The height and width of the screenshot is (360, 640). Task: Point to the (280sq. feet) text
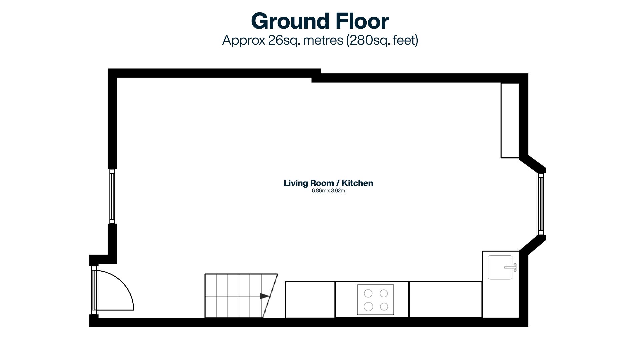(x=382, y=40)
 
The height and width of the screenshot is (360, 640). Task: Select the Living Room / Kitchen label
(x=328, y=183)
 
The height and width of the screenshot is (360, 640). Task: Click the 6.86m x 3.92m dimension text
(x=328, y=191)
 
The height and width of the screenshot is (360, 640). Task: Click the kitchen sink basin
(x=500, y=267)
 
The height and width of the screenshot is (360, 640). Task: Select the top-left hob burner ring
(x=368, y=293)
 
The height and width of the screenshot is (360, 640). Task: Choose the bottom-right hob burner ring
(x=384, y=306)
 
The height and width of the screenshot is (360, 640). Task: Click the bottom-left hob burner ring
(x=368, y=306)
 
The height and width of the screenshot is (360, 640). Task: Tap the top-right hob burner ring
(x=384, y=293)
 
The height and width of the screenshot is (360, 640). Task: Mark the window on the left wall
(x=112, y=196)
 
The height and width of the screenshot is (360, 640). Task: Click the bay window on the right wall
(x=541, y=204)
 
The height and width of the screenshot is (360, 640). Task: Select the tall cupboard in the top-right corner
(x=510, y=120)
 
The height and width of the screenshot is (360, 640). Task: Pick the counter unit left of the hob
(x=310, y=299)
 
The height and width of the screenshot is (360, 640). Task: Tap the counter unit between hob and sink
(x=446, y=299)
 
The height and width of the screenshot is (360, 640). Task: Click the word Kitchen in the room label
(x=357, y=183)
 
